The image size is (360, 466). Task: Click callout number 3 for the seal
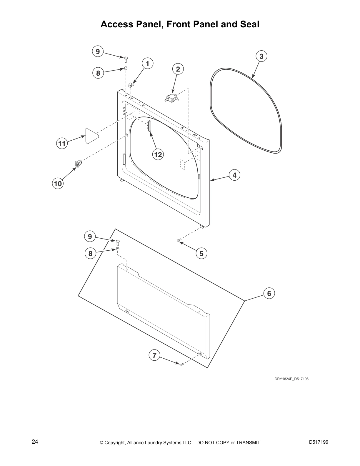pos(261,56)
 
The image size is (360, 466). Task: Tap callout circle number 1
pos(148,64)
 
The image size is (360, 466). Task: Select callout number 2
pos(178,69)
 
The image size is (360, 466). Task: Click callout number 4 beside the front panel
pos(235,175)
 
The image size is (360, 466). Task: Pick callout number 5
pos(201,254)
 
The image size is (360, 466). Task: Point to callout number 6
pos(269,293)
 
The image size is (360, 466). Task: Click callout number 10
pos(58,184)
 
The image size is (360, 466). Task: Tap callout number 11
pos(62,144)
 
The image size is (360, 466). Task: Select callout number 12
pos(158,154)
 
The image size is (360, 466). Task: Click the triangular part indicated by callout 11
pos(91,136)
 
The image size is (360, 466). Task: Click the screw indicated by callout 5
pos(179,240)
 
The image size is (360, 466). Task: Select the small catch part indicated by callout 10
pos(78,163)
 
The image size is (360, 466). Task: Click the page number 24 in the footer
pos(35,442)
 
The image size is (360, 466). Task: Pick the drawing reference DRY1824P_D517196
pos(291,379)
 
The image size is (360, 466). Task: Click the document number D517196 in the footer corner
pos(319,442)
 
